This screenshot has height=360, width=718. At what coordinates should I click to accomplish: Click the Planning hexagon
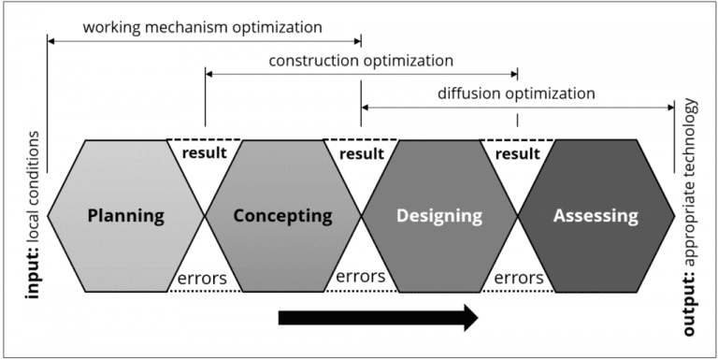[126, 215]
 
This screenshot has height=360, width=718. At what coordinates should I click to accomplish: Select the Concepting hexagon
[283, 215]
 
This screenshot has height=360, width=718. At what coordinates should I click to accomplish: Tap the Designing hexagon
[439, 215]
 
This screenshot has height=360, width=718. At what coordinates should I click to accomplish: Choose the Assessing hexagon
[596, 215]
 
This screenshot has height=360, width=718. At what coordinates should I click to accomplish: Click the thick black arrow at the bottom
[379, 317]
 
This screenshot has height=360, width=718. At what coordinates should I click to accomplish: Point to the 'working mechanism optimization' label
[202, 27]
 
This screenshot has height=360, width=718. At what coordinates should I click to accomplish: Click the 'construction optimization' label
[361, 61]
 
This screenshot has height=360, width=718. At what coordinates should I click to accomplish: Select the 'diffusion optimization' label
[516, 94]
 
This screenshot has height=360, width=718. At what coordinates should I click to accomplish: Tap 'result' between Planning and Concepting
[204, 152]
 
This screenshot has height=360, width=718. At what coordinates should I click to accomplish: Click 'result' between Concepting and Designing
[361, 153]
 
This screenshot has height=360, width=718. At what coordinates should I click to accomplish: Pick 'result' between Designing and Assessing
[518, 153]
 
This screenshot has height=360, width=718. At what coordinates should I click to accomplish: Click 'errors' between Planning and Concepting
[202, 278]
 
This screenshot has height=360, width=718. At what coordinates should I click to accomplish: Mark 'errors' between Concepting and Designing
[361, 277]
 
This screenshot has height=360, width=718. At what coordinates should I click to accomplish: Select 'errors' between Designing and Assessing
[519, 278]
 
